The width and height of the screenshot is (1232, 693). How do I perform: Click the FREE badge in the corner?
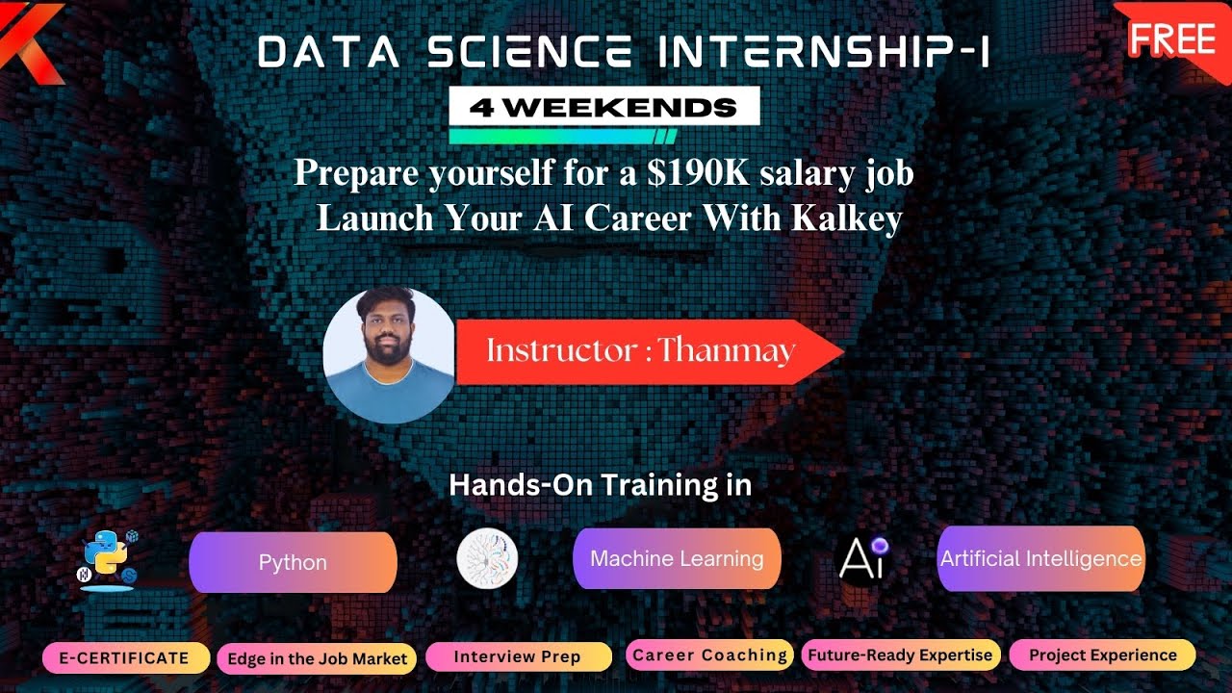[x=1171, y=38]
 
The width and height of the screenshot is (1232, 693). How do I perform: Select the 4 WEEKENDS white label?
[x=604, y=107]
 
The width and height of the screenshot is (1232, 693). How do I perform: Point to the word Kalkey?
[x=847, y=218]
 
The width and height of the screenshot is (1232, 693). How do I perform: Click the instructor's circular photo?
[x=389, y=355]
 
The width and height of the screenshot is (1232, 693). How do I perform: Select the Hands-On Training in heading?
[x=600, y=485]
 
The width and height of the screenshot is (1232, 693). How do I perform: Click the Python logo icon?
[x=107, y=559]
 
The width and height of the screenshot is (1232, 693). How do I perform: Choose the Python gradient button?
[x=293, y=562]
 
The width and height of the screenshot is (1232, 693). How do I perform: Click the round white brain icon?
[x=487, y=560]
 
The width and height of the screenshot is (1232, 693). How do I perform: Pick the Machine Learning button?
[x=677, y=558]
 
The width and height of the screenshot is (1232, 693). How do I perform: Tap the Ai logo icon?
[x=862, y=558]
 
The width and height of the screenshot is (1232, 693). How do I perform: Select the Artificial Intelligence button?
[x=1040, y=558]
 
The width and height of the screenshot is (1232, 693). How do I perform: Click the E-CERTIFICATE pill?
[x=125, y=658]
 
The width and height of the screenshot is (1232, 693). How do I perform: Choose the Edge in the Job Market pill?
[x=317, y=659]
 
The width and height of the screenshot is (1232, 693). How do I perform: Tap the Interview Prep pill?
[x=518, y=657]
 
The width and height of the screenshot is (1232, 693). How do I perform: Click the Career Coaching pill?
[x=709, y=655]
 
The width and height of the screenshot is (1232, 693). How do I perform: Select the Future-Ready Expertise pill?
[x=900, y=655]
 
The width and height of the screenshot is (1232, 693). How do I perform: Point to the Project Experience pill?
[x=1102, y=655]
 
